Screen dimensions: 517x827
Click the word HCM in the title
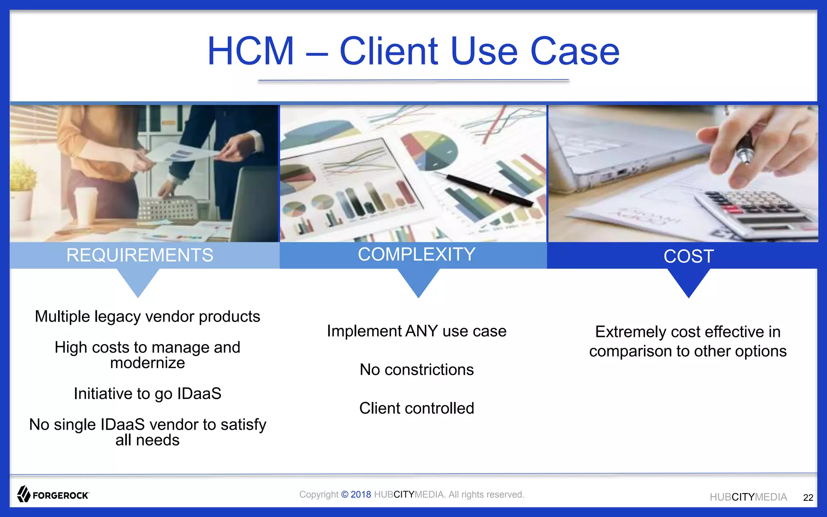(x=250, y=51)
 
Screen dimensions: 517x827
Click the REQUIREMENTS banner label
(x=140, y=255)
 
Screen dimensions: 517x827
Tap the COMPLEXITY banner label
(x=416, y=254)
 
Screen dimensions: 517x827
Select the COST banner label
(x=688, y=256)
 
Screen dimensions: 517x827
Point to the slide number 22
(x=808, y=498)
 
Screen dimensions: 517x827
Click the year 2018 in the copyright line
(x=361, y=494)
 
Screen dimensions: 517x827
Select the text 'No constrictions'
(x=416, y=370)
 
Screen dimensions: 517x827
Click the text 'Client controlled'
(x=416, y=408)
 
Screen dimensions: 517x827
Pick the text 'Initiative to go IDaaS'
(x=147, y=393)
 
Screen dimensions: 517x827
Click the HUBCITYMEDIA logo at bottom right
(x=748, y=497)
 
